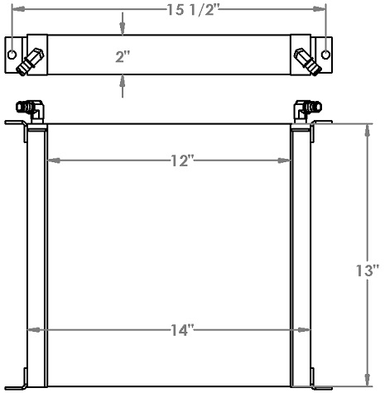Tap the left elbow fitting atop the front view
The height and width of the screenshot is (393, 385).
coord(33,108)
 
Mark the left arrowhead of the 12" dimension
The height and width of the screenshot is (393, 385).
coord(51,160)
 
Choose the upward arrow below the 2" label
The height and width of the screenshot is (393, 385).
coord(123,79)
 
